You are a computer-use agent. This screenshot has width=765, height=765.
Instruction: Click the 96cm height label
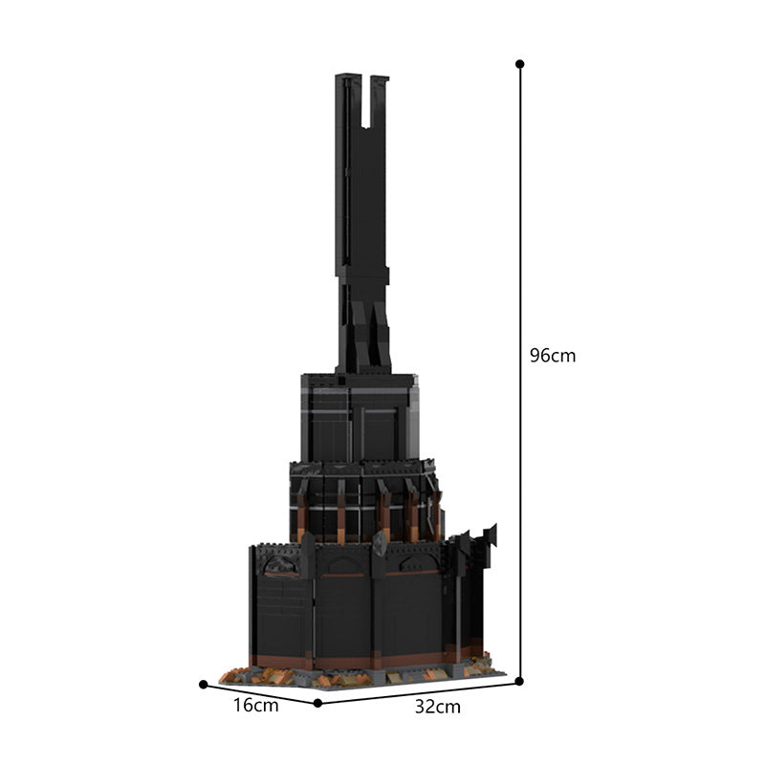pyautogui.click(x=553, y=356)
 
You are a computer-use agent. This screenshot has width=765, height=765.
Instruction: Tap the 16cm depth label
pyautogui.click(x=255, y=706)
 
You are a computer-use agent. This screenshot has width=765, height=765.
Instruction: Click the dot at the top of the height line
pyautogui.click(x=520, y=64)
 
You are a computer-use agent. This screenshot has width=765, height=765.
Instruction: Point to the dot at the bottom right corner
pyautogui.click(x=519, y=681)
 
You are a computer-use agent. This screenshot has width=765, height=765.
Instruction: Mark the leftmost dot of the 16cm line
pyautogui.click(x=204, y=684)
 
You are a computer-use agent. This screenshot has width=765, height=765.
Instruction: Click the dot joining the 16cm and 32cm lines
pyautogui.click(x=317, y=703)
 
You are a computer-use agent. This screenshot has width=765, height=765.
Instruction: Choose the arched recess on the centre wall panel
pyautogui.click(x=343, y=566)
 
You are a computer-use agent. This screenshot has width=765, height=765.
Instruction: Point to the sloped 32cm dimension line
pyautogui.click(x=418, y=691)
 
